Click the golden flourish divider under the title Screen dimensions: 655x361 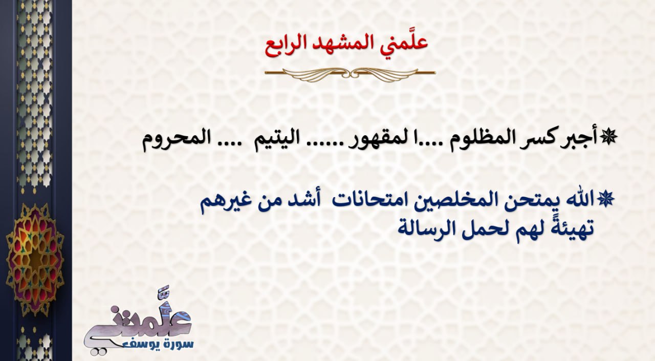click(350, 73)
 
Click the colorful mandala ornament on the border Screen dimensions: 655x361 click(35, 259)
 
